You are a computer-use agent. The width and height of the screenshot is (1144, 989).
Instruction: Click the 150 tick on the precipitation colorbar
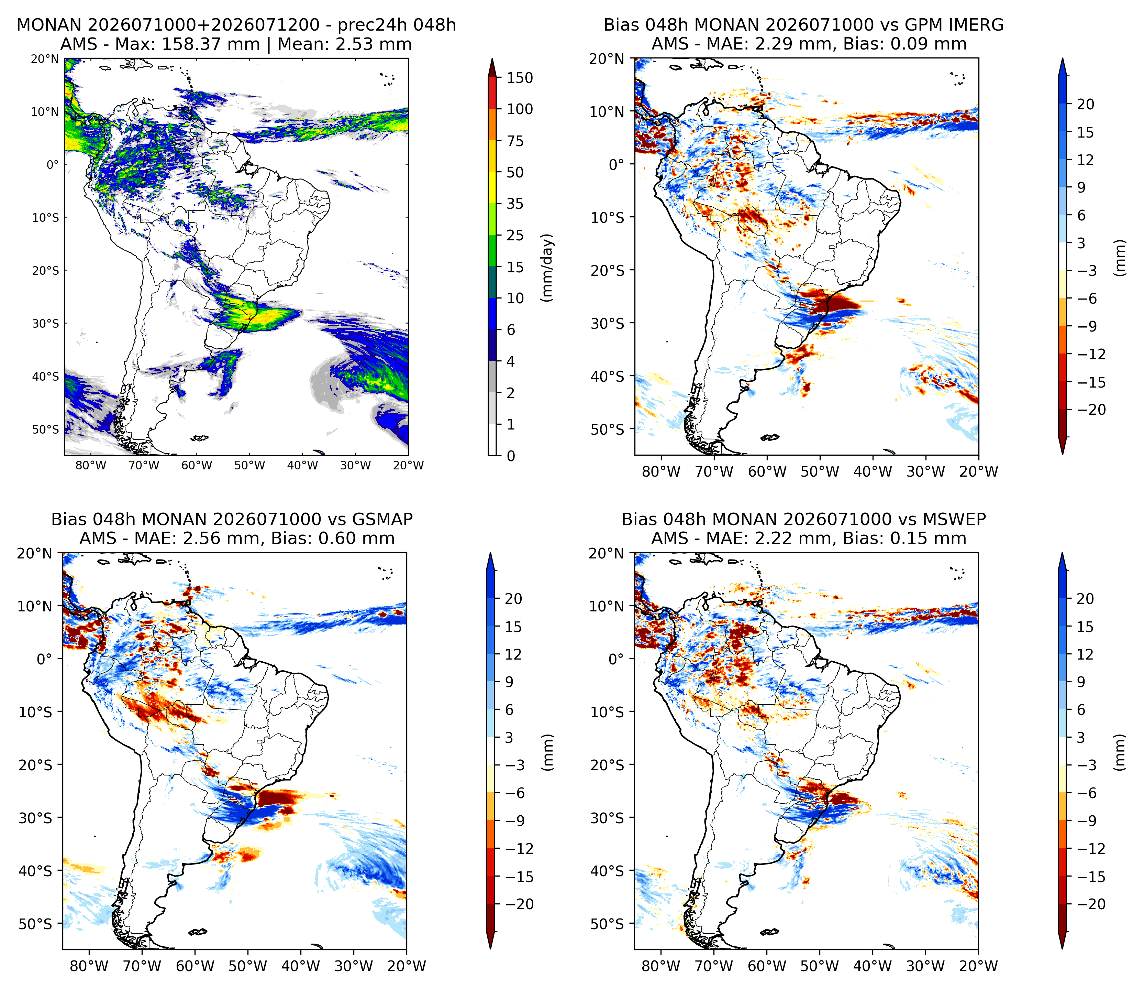tap(520, 78)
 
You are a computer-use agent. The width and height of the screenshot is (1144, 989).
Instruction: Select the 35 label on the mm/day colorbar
tap(515, 204)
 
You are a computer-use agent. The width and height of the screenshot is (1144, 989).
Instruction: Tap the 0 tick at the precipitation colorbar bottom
tap(511, 456)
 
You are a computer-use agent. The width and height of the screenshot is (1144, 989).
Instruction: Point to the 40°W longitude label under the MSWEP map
tap(873, 966)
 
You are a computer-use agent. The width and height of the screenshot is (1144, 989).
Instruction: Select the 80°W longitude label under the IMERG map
tap(662, 471)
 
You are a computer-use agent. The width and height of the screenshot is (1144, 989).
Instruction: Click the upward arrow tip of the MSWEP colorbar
tap(1062, 553)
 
